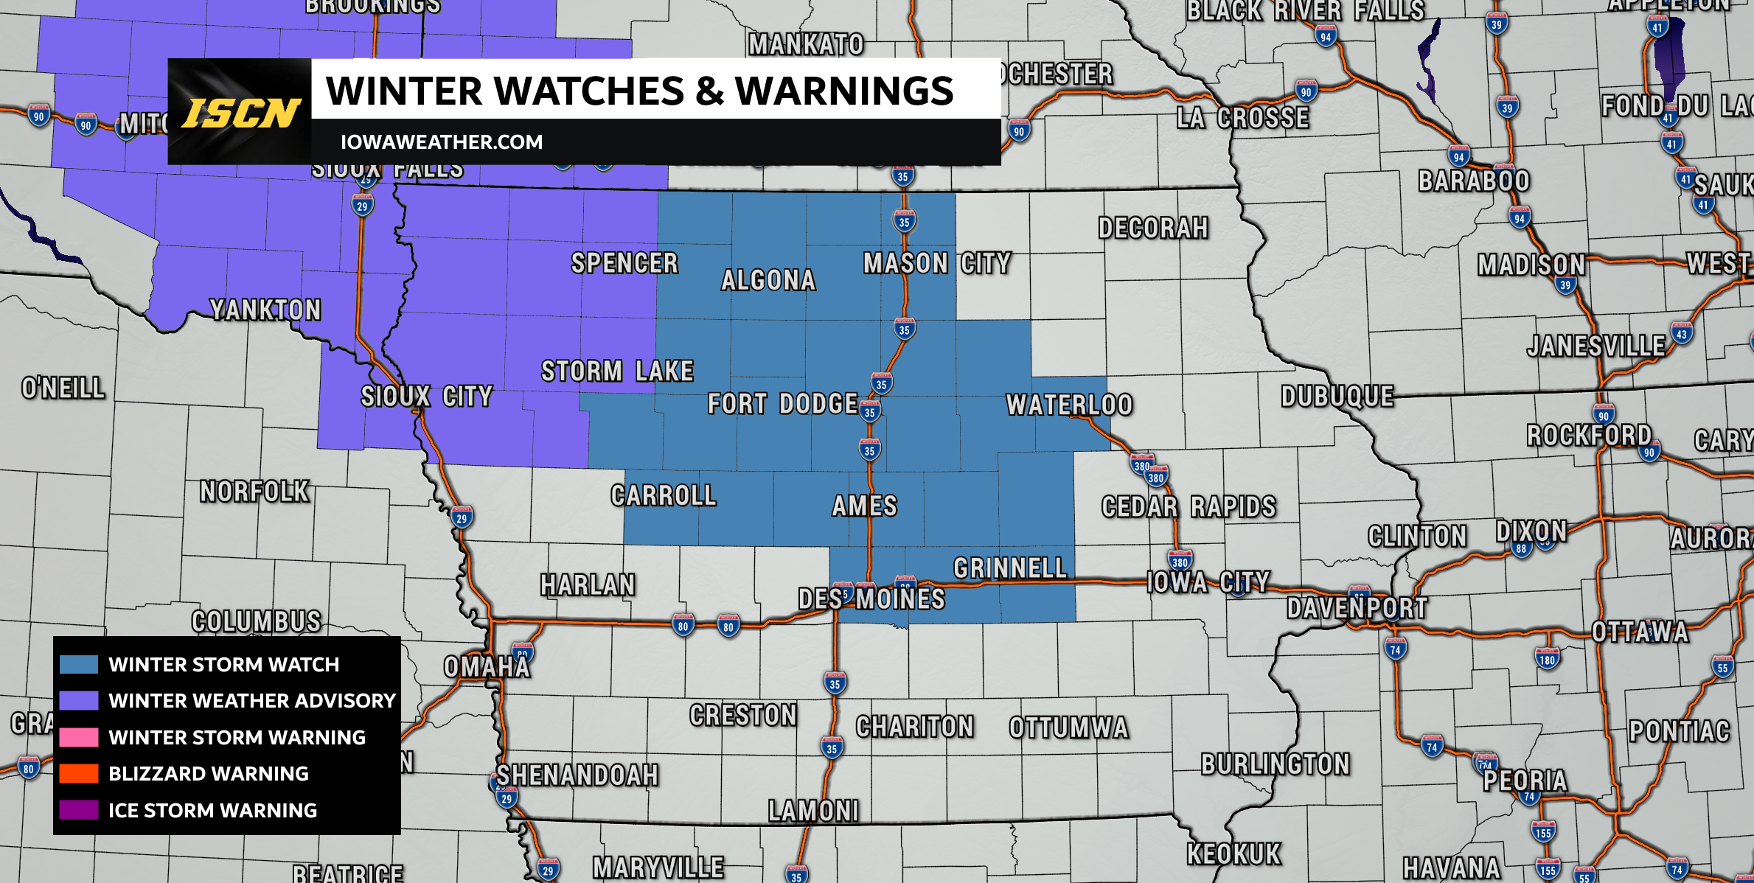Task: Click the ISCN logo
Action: pos(240,113)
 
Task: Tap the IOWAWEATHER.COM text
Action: pos(441,142)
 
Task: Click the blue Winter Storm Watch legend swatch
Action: pos(79,664)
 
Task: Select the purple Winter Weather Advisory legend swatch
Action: pos(79,700)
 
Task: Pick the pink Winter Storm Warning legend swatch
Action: pos(79,737)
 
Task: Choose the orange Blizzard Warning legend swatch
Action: pos(79,773)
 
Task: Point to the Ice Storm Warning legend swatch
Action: pos(79,810)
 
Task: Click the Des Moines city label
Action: pos(871,598)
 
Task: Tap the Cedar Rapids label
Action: pos(1189,506)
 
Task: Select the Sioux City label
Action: pos(426,397)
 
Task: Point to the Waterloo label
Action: pos(1069,405)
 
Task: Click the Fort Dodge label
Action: pos(782,404)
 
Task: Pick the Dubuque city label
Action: pos(1337,397)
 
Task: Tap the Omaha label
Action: pos(487,667)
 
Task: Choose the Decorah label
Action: pos(1153,228)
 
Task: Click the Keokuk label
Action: pos(1233,854)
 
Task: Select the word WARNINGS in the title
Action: pos(844,91)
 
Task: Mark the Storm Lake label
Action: pos(617,371)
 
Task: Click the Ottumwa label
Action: pos(1068,727)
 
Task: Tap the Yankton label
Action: pos(265,310)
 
